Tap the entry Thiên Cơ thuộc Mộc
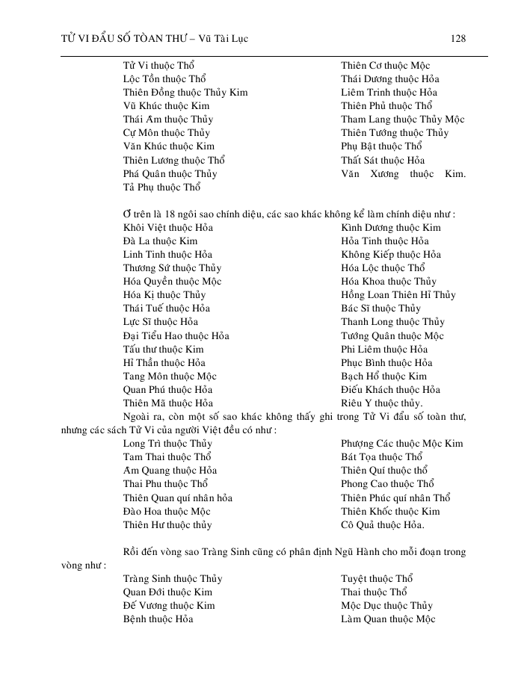point(385,66)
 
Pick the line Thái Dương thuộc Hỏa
point(389,79)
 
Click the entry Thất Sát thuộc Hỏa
point(383,160)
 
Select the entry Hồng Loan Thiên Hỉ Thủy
point(398,295)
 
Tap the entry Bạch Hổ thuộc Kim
point(383,376)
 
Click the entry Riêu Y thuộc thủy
point(381,403)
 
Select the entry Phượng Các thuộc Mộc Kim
point(401,444)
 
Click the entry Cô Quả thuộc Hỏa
point(383,525)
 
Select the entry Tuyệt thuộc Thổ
point(377,579)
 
